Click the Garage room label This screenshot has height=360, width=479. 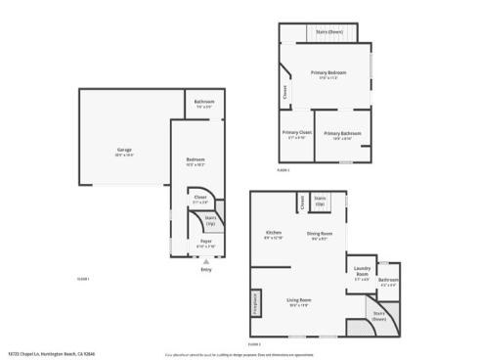tap(124, 150)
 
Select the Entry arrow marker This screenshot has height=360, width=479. tap(206, 261)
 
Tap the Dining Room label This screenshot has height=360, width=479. tap(321, 233)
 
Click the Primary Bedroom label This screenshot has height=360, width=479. tap(327, 73)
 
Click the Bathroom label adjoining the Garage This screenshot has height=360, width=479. tap(203, 102)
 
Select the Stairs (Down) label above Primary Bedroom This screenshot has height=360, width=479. tap(328, 31)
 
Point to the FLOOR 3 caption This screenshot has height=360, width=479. tap(254, 344)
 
